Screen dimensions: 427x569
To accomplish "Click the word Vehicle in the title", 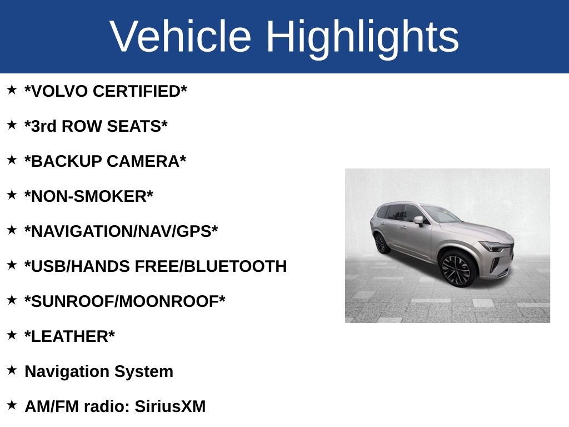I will pos(181,37).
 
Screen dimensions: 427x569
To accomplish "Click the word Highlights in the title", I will pos(362,37).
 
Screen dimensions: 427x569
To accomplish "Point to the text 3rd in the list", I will pos(43,126).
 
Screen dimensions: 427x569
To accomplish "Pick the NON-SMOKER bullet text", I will pos(89,196).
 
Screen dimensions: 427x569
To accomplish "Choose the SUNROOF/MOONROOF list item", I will pos(125,301).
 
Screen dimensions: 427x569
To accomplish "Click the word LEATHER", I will pos(69,336).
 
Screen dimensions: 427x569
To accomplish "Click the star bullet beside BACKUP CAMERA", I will pos(12,160).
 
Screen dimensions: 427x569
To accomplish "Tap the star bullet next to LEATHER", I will pos(12,335).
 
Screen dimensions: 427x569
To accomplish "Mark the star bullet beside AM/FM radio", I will pos(12,405).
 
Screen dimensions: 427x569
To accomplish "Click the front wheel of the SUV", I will pos(457,268).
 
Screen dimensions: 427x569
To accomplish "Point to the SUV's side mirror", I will pos(418,220).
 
